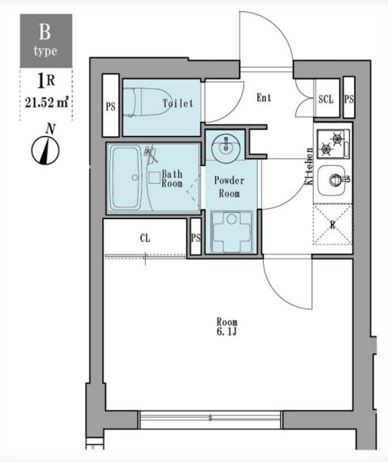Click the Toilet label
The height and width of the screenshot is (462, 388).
[178, 103]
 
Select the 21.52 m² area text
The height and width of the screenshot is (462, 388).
[47, 102]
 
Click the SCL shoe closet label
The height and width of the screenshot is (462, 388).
[326, 100]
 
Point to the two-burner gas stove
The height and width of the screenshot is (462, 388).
[333, 144]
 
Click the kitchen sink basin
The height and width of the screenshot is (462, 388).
[332, 180]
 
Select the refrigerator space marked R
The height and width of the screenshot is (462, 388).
[333, 225]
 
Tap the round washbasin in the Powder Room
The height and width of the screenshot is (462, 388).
[226, 148]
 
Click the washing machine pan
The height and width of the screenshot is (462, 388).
[232, 232]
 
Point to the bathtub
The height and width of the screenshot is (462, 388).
[126, 178]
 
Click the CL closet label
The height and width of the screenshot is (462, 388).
[145, 238]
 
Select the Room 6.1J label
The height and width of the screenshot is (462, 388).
[227, 327]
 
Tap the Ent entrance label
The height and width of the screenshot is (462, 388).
[264, 97]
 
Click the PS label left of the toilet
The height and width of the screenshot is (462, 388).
[111, 106]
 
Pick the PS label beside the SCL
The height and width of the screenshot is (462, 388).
[348, 100]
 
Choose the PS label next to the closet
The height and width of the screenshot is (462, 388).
[196, 237]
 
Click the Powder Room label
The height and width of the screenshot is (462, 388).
[229, 187]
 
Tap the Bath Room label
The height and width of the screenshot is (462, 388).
[172, 179]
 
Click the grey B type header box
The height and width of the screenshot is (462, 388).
[46, 40]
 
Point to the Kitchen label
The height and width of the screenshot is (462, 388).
[309, 166]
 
